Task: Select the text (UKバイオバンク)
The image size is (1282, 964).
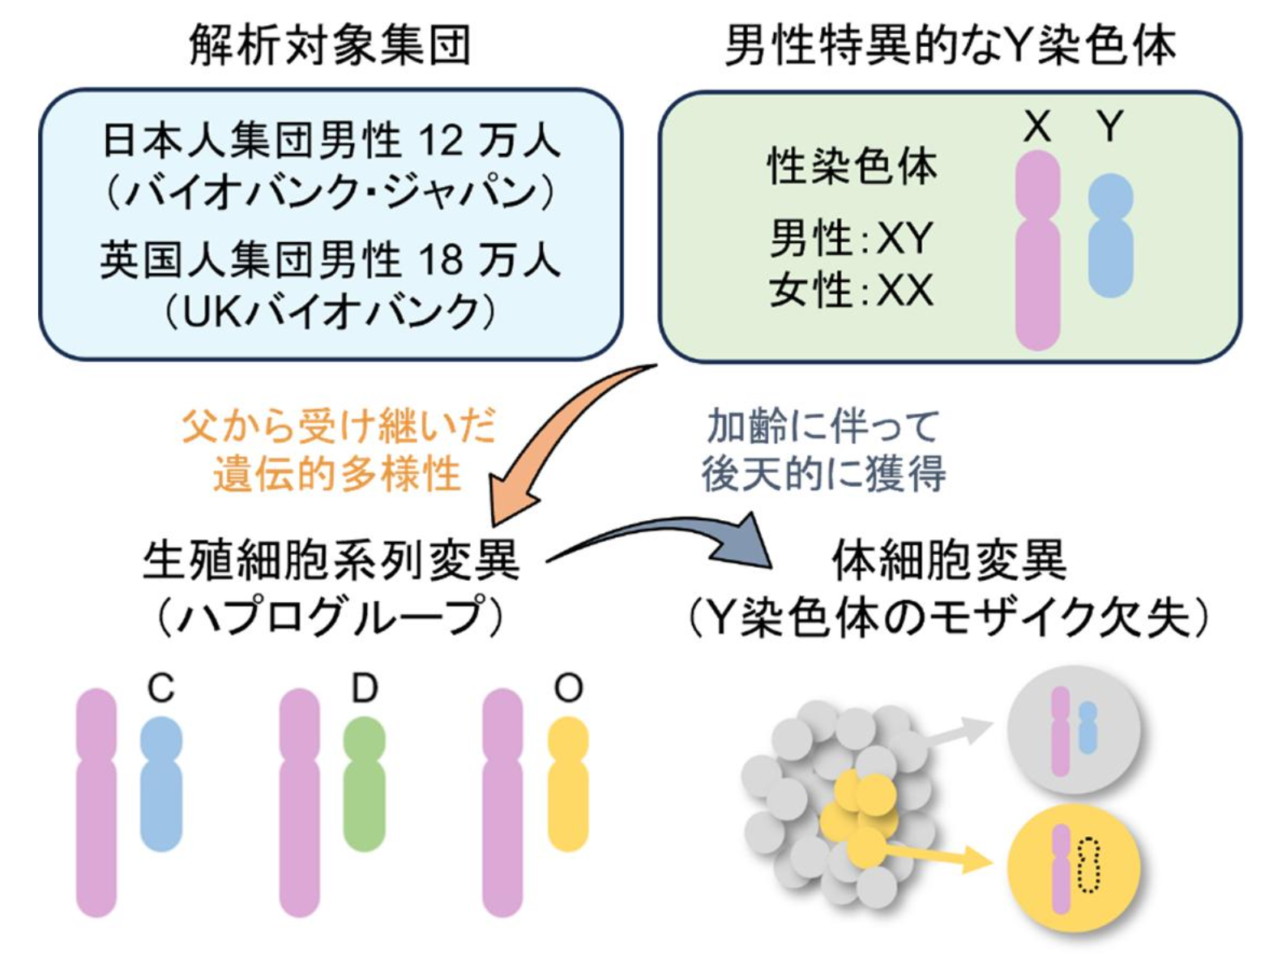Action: tap(330, 312)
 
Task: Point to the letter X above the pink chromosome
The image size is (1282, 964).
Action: tap(1037, 126)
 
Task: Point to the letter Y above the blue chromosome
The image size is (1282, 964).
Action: tap(1110, 126)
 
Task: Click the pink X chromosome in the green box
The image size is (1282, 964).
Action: tap(1037, 251)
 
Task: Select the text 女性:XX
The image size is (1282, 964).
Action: tap(851, 290)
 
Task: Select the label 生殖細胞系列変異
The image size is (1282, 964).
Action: tap(330, 561)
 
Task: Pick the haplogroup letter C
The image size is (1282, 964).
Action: tap(161, 689)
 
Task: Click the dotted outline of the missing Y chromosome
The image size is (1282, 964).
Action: tap(1089, 865)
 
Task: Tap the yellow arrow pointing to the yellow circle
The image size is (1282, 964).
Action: tap(940, 855)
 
